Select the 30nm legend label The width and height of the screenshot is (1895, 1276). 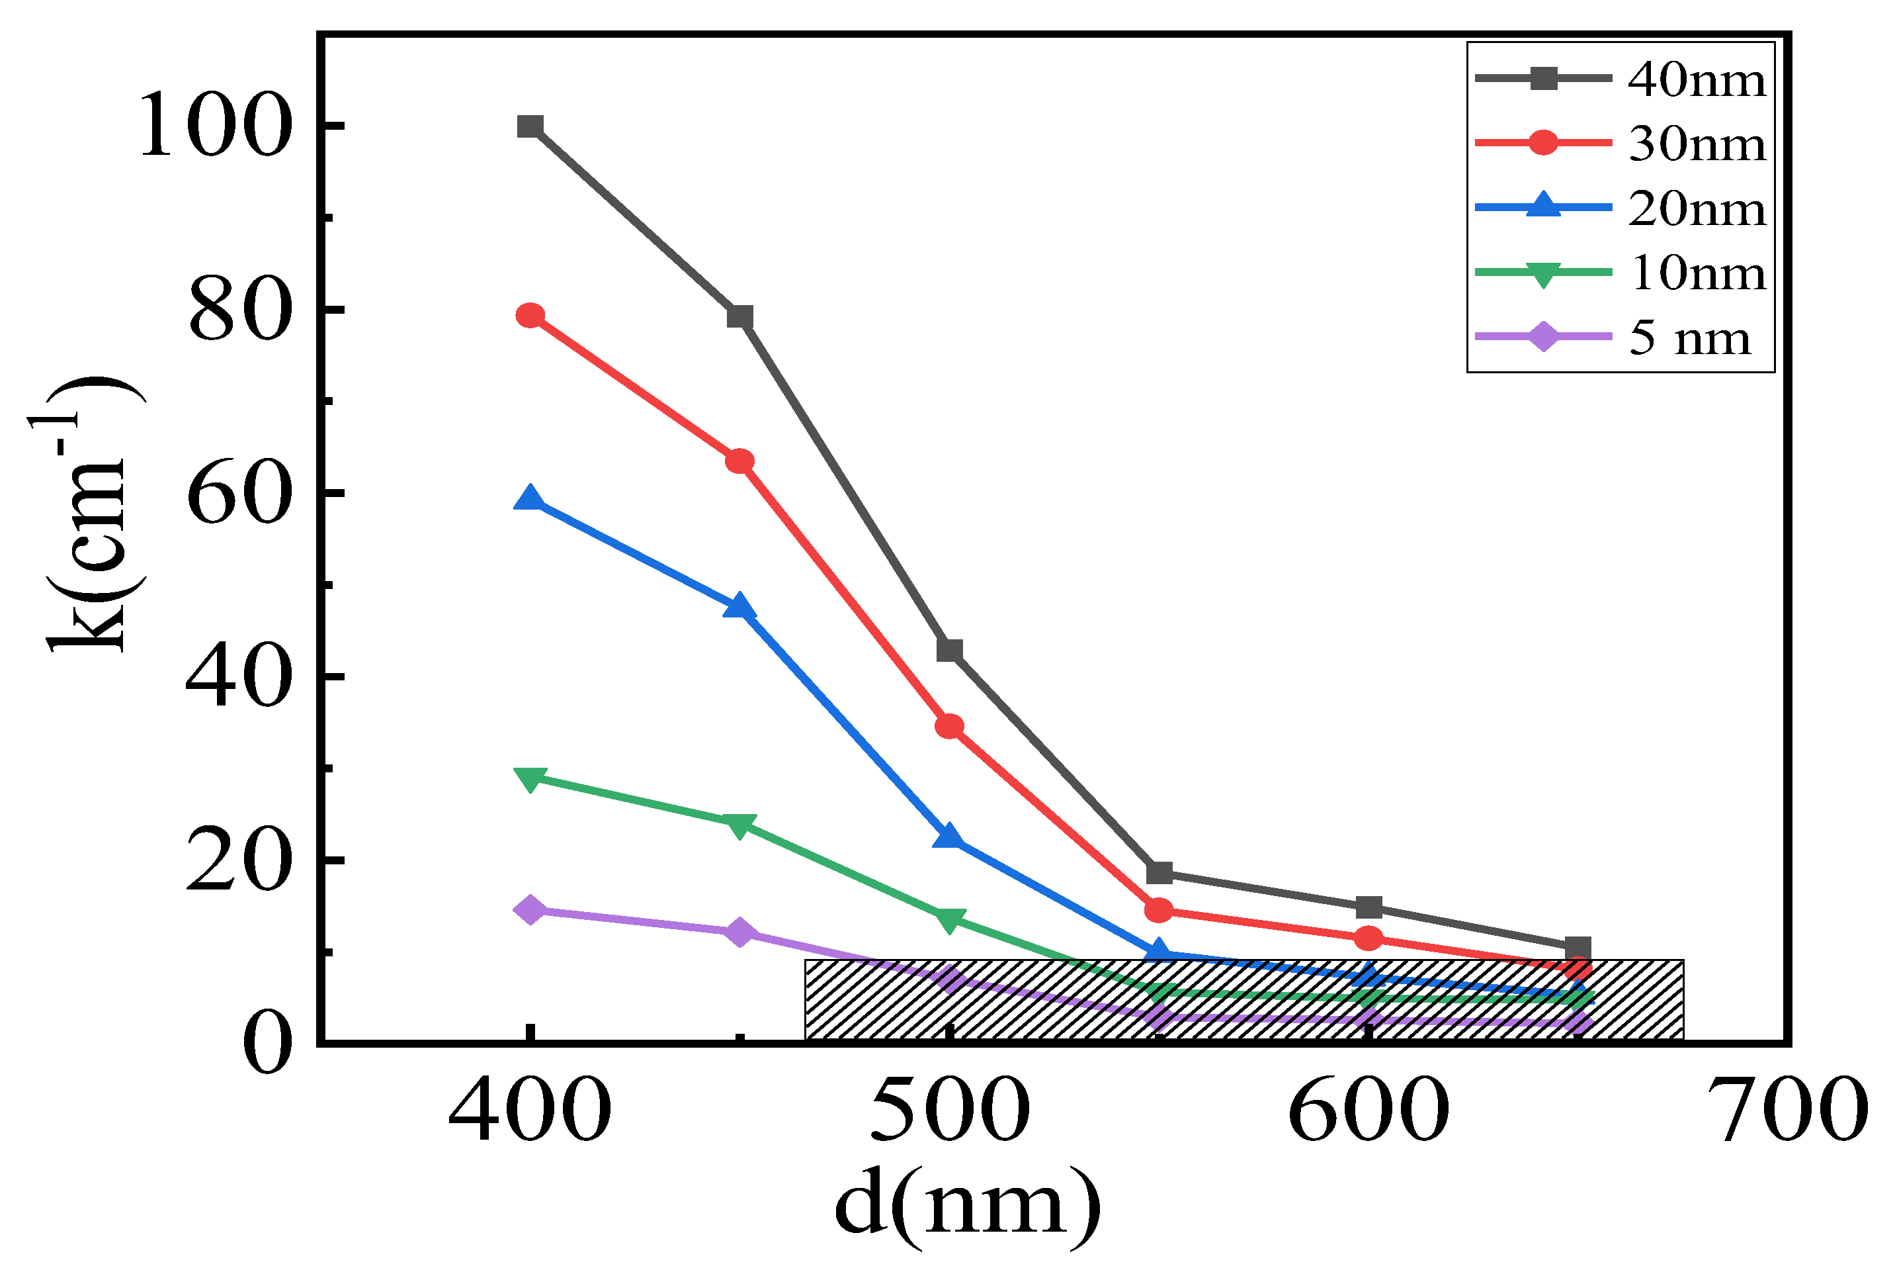(1697, 144)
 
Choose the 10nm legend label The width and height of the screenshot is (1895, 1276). (1697, 273)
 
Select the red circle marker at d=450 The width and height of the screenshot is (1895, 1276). (739, 461)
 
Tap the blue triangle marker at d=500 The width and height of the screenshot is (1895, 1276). (948, 837)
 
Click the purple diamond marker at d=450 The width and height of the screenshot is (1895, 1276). (739, 932)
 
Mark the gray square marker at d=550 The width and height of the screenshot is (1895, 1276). (1159, 873)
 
